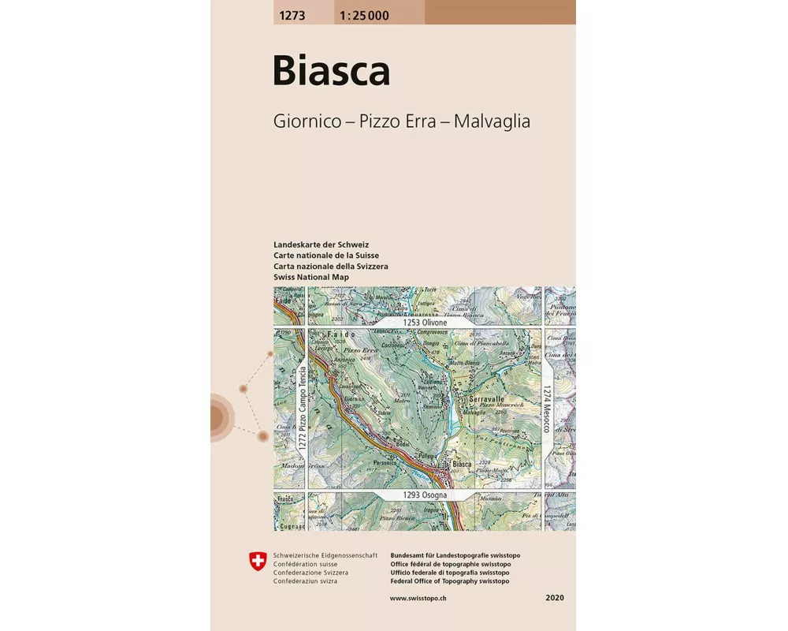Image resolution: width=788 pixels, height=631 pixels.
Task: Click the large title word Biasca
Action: [331, 71]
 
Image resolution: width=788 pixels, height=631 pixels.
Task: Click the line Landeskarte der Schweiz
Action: [321, 245]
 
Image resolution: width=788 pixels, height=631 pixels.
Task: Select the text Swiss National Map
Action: [310, 278]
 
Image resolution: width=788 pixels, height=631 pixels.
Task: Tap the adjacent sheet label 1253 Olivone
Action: [425, 323]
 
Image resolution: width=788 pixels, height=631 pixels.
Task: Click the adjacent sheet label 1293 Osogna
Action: [425, 495]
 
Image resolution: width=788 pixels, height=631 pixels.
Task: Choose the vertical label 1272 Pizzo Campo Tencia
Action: [301, 409]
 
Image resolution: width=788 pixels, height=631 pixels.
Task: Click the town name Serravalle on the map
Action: [486, 400]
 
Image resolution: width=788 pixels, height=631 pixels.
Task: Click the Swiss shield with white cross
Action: [257, 561]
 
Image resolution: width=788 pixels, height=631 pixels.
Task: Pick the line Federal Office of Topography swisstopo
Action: [449, 581]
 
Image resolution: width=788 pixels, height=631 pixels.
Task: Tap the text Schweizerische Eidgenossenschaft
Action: [325, 556]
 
